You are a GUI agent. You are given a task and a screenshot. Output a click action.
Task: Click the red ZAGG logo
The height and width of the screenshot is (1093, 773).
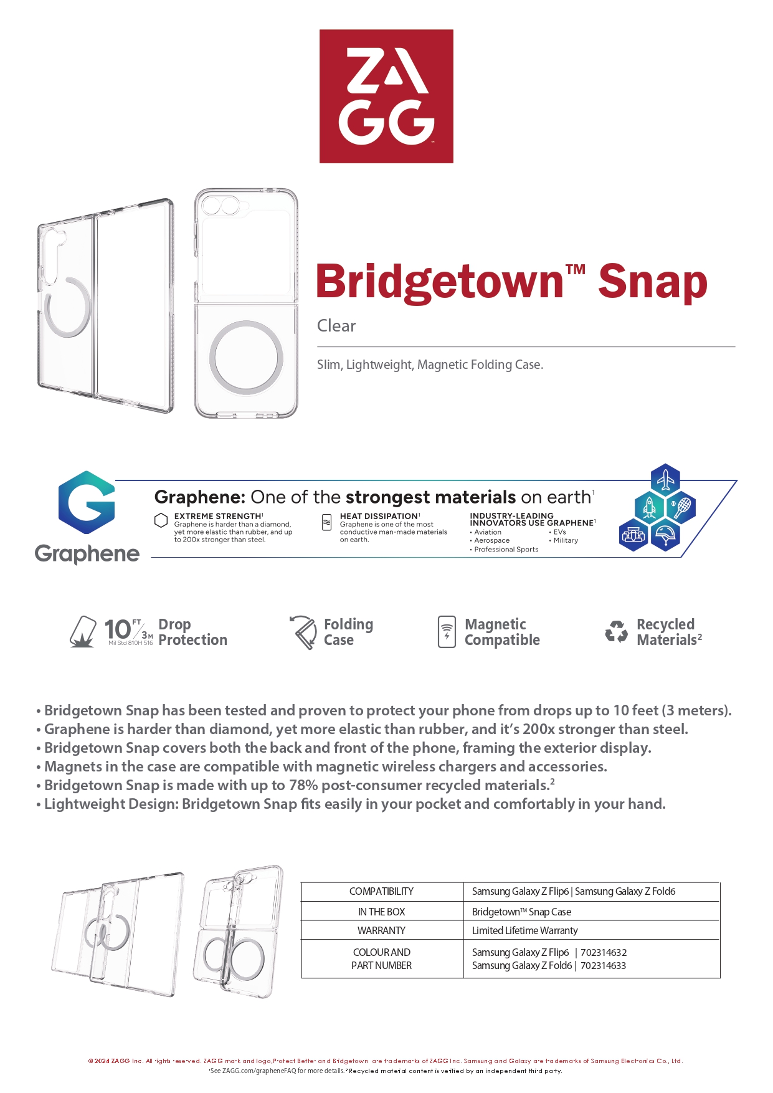coord(386,96)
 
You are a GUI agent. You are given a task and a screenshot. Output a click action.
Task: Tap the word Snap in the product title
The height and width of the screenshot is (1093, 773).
coord(652,282)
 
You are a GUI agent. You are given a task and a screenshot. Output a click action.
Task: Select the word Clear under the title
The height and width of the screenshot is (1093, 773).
coord(336,326)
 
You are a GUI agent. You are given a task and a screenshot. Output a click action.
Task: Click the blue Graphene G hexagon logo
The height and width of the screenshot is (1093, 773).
coord(87,502)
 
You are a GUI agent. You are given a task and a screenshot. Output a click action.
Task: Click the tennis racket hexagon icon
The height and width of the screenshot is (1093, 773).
coord(681,507)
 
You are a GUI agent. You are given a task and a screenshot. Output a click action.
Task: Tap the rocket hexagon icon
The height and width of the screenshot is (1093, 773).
coord(649,507)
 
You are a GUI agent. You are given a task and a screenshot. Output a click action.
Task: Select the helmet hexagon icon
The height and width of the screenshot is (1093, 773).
coord(665,535)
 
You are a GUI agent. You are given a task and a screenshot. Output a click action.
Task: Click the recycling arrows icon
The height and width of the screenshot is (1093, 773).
coord(616,632)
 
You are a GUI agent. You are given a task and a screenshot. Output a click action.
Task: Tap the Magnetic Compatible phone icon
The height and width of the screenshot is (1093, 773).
coord(447,632)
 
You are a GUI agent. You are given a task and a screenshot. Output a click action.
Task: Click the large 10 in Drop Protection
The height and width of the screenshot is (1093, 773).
coord(117,629)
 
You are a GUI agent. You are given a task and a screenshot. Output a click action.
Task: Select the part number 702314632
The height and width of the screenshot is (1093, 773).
coord(603,952)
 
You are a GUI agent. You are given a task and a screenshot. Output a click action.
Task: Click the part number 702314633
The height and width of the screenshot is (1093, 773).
coord(603,965)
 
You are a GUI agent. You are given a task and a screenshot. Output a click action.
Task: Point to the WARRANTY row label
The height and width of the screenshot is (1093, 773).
coord(381,930)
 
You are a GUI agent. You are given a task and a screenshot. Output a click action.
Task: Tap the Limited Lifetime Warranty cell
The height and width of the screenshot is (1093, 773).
coord(524,930)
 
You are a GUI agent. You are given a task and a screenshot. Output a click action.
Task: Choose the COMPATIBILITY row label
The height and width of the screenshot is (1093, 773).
coord(381,891)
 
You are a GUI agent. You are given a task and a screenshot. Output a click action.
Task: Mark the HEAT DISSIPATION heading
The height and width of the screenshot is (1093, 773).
coord(379,516)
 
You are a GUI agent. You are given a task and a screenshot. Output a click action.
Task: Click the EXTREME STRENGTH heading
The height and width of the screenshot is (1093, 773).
coord(218,516)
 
